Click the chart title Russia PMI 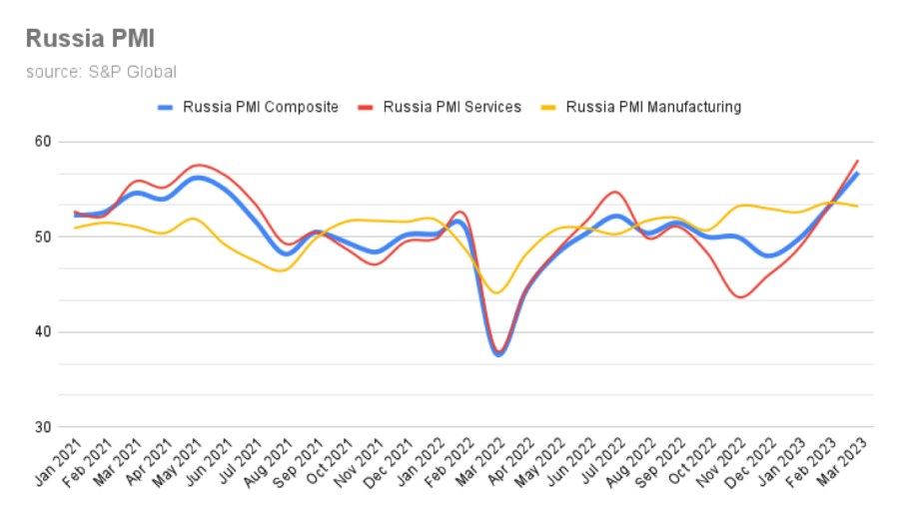click(90, 39)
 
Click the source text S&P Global click(101, 72)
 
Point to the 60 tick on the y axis click(41, 142)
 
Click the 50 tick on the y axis click(41, 238)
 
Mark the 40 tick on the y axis click(41, 332)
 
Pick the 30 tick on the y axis click(41, 427)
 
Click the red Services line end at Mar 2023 click(858, 161)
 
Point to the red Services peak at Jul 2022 click(616, 192)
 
